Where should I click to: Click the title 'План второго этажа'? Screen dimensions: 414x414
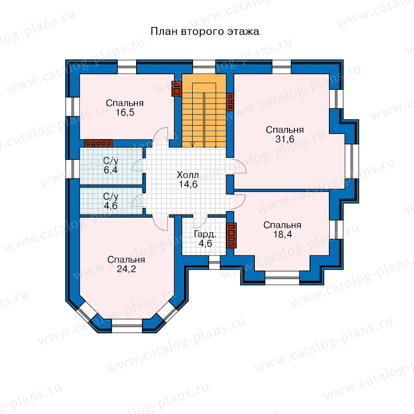coord(205,32)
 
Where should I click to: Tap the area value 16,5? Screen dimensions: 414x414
coord(125,113)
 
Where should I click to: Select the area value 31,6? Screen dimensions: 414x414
coord(285,139)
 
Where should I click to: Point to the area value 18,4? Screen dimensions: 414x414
coord(282,234)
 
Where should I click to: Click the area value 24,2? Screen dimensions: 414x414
coord(126,269)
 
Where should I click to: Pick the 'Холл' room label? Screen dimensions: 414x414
coord(188,175)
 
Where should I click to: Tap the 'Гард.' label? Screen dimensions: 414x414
coord(205,234)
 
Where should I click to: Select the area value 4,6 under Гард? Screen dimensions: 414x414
coord(206,243)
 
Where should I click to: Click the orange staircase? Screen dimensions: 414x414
coord(204,110)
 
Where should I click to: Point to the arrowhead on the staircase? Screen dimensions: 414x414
coord(193,144)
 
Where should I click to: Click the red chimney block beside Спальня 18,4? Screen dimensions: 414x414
coord(231,236)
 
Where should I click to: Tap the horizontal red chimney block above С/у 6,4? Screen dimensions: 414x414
coord(98,144)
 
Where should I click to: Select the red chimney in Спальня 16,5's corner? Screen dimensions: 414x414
coord(176,88)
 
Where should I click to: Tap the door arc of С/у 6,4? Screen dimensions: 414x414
coord(137,165)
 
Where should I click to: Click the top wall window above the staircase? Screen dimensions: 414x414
coord(204,67)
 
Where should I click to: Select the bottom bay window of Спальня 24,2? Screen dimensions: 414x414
coord(127,326)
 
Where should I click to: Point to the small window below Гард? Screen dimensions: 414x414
coord(214,263)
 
